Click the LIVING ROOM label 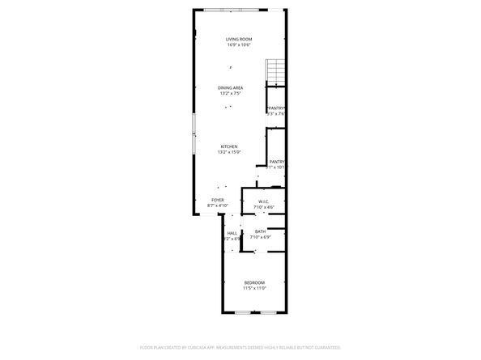click(x=240, y=39)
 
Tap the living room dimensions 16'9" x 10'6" click(x=240, y=44)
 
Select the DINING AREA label click(x=230, y=87)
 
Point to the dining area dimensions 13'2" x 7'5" click(x=230, y=93)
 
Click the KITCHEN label click(x=229, y=146)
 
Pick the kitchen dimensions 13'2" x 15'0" click(x=229, y=152)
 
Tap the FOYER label click(x=218, y=200)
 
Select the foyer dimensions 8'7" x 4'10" click(x=218, y=205)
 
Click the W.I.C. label click(x=264, y=201)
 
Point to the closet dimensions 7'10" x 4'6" click(x=264, y=206)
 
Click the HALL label click(x=232, y=233)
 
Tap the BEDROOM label click(x=255, y=282)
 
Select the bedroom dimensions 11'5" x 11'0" click(x=255, y=287)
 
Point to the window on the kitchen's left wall click(x=193, y=133)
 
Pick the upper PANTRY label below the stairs click(x=277, y=108)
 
